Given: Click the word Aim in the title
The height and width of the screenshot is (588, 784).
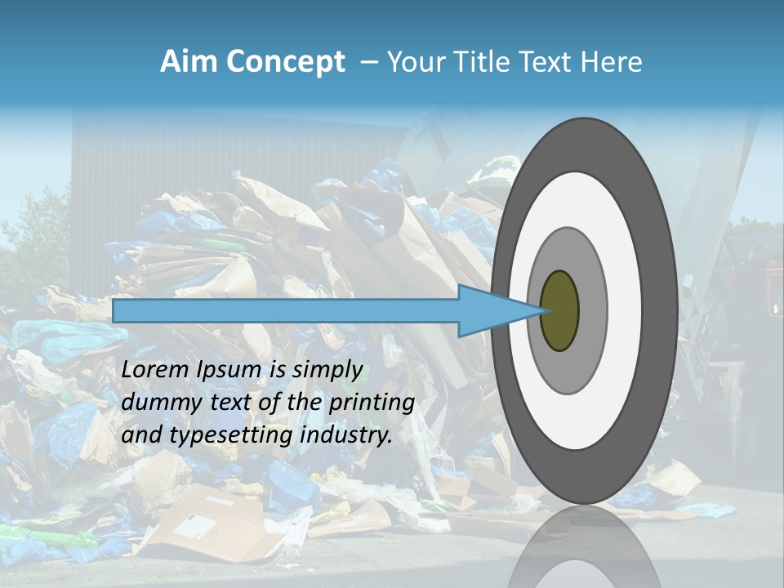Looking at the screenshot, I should tap(189, 62).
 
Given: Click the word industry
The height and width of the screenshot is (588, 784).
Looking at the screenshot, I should tap(346, 435).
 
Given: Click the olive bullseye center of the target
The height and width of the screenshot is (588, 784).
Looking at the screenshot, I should tap(559, 310).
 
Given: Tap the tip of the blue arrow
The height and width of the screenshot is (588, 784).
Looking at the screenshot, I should tap(541, 310).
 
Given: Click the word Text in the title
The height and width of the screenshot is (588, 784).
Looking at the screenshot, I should tap(550, 62).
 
